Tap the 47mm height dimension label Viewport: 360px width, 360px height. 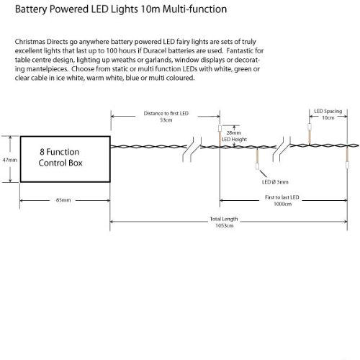pos(10,160)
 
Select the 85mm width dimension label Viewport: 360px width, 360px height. pos(63,200)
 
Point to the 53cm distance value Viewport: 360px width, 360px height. pos(166,120)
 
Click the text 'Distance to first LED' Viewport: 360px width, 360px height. pos(166,113)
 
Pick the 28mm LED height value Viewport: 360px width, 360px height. pos(233,132)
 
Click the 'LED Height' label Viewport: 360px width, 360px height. pos(234,139)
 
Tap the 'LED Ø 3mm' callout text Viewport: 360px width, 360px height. pos(275,182)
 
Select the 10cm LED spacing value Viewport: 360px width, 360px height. pos(328,117)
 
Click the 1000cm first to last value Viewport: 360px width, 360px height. pos(283,204)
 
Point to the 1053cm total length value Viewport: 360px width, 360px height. pos(225,225)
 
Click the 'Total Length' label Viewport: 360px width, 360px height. pos(224,219)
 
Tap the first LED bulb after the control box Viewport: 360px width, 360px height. pos(220,129)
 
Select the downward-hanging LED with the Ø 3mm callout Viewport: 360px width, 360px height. pos(257,166)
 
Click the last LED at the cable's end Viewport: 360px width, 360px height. pos(347,165)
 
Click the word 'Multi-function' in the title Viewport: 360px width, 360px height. pos(194,9)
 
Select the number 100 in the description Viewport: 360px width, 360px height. pos(112,51)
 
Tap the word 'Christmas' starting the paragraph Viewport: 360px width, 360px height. pos(30,42)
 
